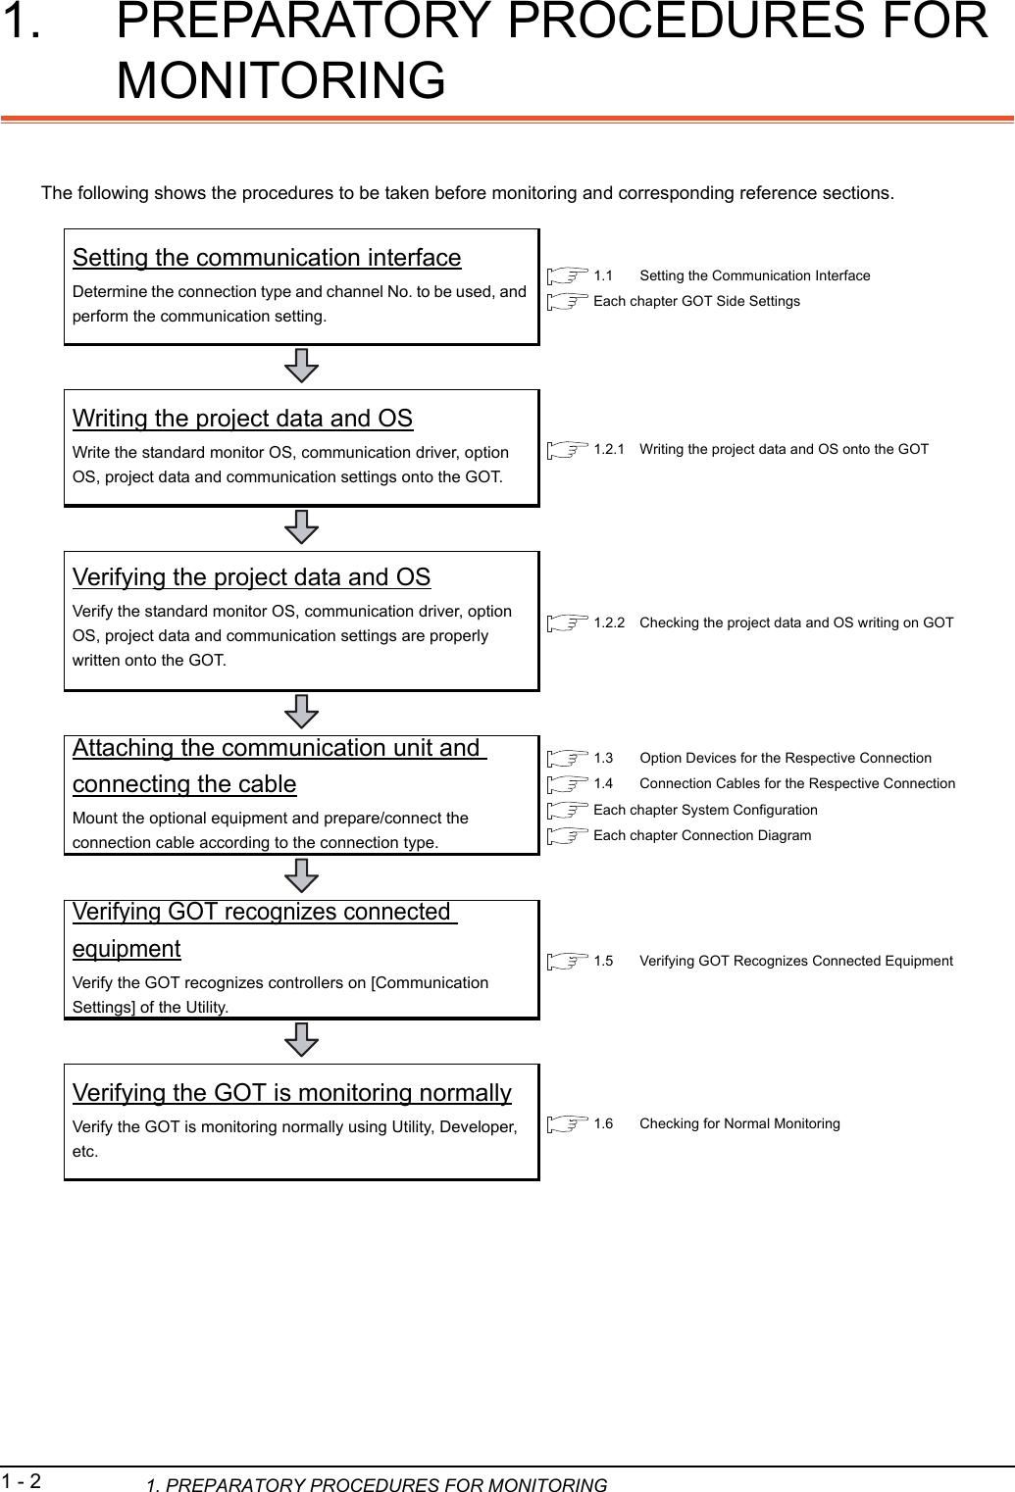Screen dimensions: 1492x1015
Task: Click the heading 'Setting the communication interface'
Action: point(266,258)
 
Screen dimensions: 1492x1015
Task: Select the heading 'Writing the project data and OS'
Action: point(242,419)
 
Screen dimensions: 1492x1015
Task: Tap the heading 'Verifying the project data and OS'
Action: point(251,577)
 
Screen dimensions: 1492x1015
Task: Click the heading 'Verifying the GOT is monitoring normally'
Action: point(291,1093)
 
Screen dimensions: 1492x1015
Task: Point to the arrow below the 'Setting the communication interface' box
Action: point(301,367)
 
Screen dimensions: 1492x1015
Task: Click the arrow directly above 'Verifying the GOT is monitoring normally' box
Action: point(301,1040)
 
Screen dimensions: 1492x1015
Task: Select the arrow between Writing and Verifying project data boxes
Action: point(301,527)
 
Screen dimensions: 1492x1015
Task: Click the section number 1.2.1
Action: point(609,449)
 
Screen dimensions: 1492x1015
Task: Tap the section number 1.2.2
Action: point(609,622)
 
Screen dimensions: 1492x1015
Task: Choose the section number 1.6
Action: point(603,1123)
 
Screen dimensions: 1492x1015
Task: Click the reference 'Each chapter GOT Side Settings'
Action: point(696,301)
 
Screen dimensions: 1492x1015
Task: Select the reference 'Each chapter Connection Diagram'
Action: point(702,835)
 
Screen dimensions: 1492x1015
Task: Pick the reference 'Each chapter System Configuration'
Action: point(705,810)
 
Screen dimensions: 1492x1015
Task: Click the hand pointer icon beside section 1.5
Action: point(568,962)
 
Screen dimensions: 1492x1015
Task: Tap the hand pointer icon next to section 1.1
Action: point(568,276)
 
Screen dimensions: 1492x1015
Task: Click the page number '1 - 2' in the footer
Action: point(22,1479)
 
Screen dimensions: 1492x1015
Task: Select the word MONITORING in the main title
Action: point(280,79)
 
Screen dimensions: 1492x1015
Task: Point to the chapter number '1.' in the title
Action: point(22,22)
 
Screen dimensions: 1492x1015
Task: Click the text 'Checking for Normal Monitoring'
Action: point(739,1123)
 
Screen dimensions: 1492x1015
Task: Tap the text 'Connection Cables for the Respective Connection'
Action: point(797,783)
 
